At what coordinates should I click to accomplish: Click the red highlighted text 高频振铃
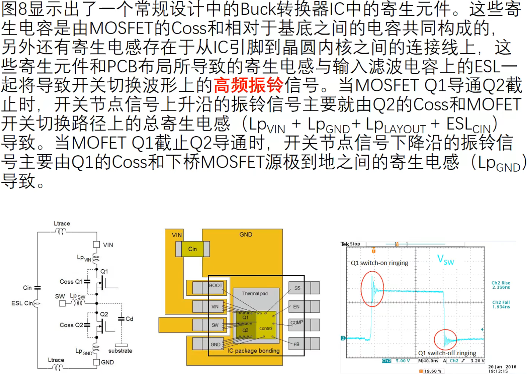coord(249,85)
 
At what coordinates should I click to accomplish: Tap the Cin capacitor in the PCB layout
coord(192,249)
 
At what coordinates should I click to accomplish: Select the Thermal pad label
coord(255,294)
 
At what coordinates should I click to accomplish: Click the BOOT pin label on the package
coord(216,285)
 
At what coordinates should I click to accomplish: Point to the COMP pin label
coord(296,323)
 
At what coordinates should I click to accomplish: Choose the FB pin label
coord(296,345)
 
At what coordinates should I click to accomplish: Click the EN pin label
coord(296,307)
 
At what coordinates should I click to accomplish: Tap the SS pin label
coord(297,288)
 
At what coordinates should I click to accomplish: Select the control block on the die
coord(266,328)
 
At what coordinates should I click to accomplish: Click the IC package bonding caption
coord(253,351)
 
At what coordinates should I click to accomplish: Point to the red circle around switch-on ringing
coord(372,289)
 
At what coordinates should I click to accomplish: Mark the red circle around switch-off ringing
coord(445,340)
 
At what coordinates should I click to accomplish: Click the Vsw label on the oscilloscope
coord(445,260)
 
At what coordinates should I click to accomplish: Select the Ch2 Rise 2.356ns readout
coord(501,285)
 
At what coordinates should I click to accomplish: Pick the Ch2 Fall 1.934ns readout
coord(501,305)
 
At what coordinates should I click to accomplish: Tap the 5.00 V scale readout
coord(403,361)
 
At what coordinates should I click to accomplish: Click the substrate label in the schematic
coord(120,351)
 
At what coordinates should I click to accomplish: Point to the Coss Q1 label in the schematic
coord(71,282)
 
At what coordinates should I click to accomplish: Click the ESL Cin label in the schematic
coord(22,303)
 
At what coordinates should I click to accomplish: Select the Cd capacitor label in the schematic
coord(129,319)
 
